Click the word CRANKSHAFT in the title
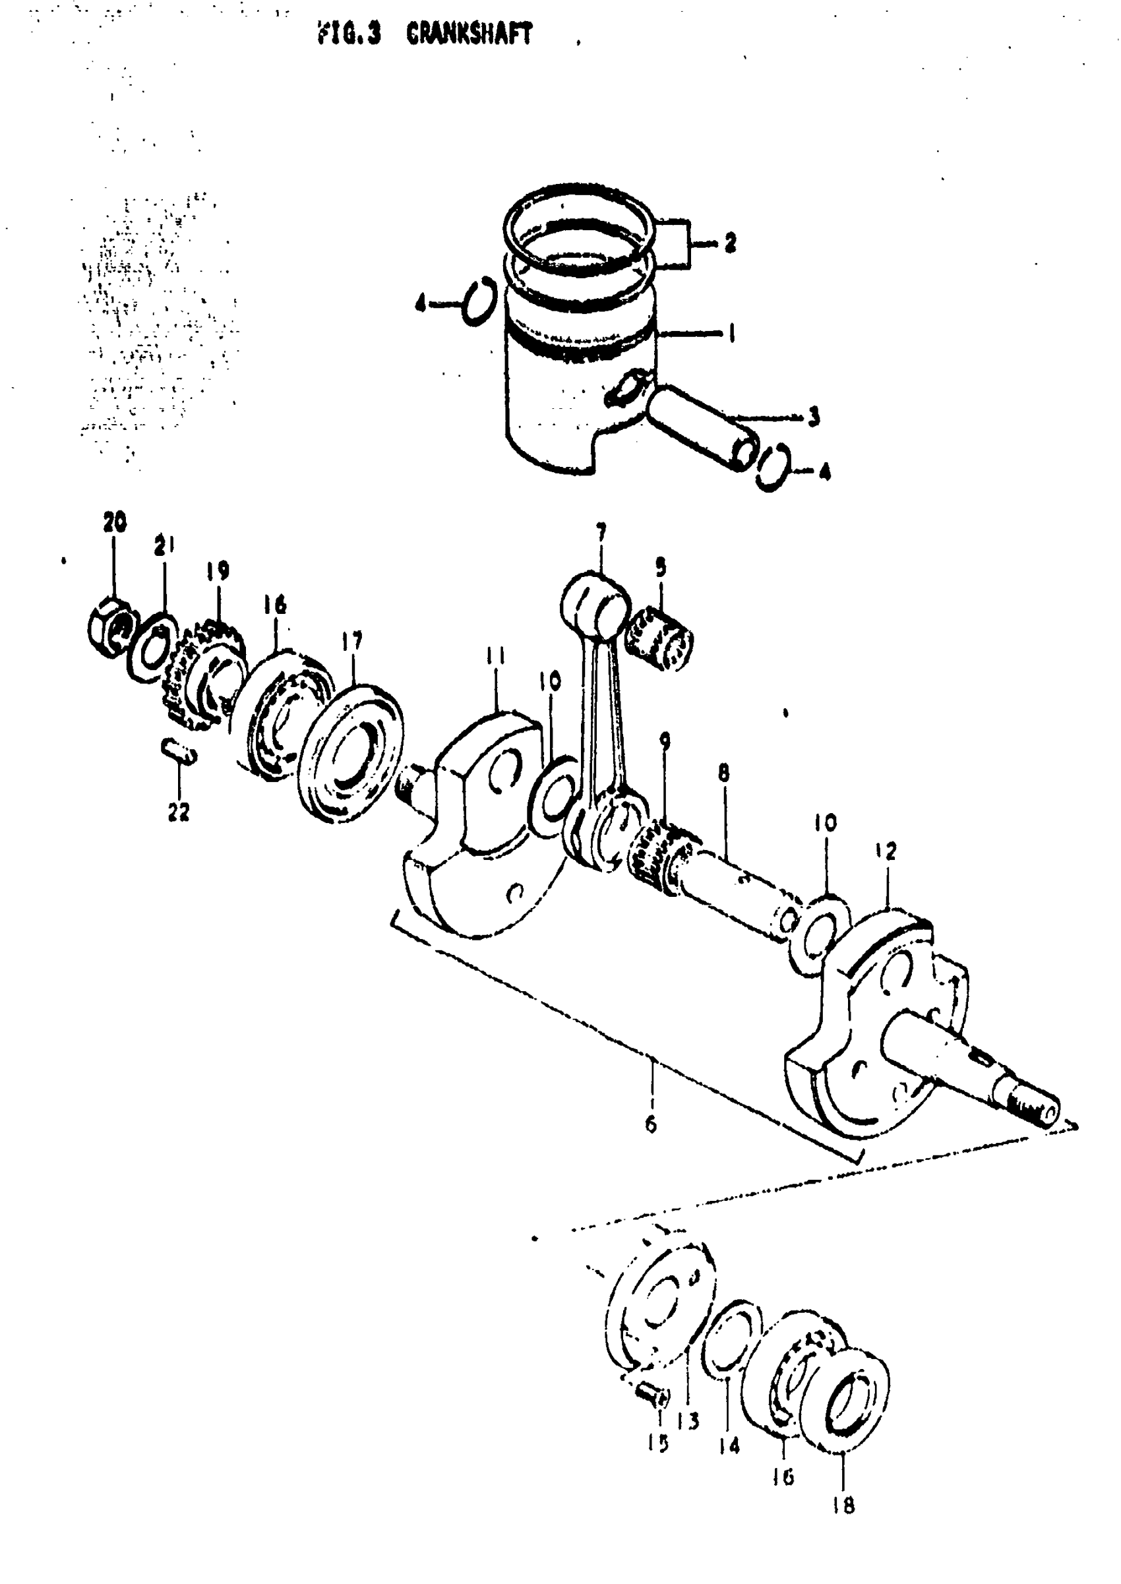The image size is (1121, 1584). click(470, 34)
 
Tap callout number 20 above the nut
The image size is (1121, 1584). click(115, 522)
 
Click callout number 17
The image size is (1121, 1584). click(351, 642)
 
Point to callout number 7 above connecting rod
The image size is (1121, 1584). click(601, 532)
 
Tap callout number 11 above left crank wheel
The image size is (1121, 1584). click(496, 655)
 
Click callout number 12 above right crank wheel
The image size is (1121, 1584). click(887, 851)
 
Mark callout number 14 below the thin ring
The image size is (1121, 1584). click(729, 1445)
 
